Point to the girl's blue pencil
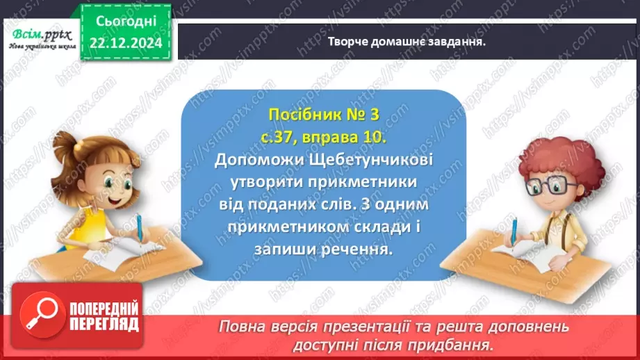click(140, 230)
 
